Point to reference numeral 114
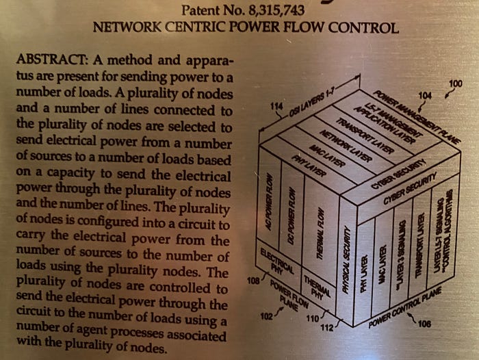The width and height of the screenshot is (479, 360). [276, 107]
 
